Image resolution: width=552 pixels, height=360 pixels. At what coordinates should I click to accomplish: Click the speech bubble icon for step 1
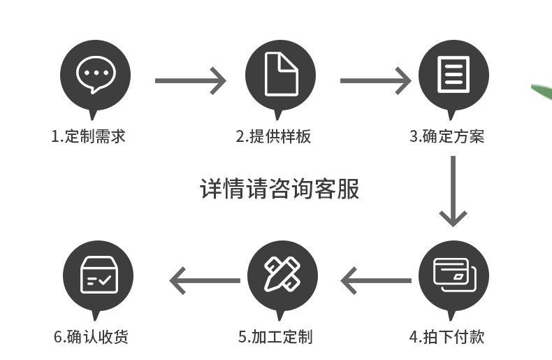point(95,75)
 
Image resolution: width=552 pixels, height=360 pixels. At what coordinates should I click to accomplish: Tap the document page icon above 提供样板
point(281,75)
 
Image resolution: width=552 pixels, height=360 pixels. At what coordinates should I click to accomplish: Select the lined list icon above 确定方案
point(453,75)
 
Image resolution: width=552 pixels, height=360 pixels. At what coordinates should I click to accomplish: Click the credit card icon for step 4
point(453,275)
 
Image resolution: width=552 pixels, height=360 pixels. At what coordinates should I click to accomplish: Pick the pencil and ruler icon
point(282,275)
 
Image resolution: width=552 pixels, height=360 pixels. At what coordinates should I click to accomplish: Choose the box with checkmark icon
point(99,275)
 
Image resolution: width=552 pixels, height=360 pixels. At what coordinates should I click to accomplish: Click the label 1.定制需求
point(88,136)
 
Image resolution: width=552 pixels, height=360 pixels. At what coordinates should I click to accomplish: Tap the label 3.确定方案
point(446,136)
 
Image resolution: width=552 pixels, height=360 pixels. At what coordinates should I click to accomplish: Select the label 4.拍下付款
point(446,337)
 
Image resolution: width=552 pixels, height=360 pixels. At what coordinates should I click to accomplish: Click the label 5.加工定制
point(275,337)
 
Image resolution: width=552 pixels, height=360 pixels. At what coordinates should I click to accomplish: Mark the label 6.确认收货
point(91,337)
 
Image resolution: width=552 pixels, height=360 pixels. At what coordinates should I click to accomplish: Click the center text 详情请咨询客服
point(279,189)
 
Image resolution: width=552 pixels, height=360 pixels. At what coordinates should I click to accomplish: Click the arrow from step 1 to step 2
point(190,80)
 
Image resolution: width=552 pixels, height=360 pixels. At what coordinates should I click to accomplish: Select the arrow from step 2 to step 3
point(375,80)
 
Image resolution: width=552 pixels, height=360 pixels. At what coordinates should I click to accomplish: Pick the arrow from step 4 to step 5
point(376,281)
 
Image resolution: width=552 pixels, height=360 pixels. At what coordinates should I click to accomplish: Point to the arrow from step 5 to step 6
point(205,281)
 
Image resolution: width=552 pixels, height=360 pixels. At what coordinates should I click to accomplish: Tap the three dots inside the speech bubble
point(95,72)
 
